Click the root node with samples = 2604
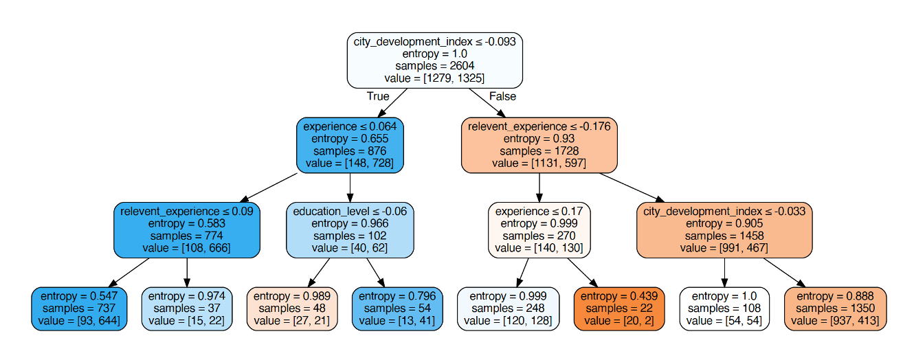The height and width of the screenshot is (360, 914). pos(436,60)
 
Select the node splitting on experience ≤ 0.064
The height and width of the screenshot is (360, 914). pos(350,145)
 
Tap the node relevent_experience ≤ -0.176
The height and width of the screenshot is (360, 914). pos(539,145)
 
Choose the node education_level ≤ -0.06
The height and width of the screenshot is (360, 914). pos(350,229)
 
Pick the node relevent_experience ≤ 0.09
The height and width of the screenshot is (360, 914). pos(186,229)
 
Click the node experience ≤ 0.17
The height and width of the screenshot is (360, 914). pos(539,229)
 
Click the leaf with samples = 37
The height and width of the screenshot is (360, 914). pos(186,308)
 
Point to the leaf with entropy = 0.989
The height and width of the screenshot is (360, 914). pos(292,308)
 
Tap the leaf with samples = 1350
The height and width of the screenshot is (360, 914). pos(835,308)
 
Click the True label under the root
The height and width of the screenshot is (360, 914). pos(378,96)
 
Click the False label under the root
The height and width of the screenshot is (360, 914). pos(502,96)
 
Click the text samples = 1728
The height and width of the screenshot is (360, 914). pos(539,151)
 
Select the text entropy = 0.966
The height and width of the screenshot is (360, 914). pos(350,223)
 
